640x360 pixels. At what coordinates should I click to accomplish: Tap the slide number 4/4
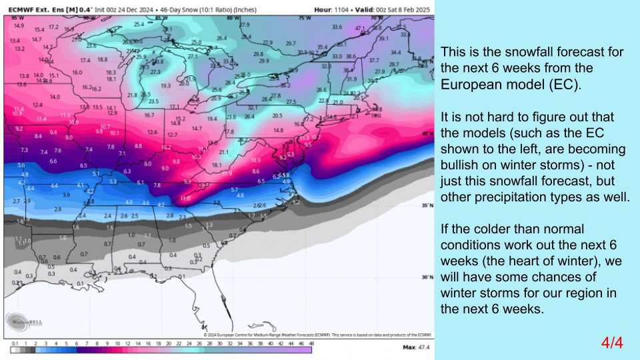coord(611,343)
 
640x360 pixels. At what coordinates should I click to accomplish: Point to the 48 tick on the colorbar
coord(311,343)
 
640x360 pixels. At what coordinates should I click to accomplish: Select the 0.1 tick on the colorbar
coord(15,343)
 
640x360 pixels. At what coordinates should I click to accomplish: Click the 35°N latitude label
coord(426,206)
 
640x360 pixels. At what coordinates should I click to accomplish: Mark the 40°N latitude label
coord(426,133)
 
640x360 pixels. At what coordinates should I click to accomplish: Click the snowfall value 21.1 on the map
coord(224,152)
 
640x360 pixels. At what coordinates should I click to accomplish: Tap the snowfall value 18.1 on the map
coord(217,165)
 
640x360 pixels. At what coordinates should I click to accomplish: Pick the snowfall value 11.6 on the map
coord(185,198)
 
